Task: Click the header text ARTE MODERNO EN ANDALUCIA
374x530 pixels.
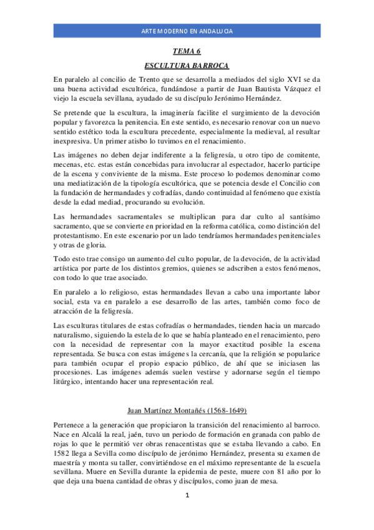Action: tap(187, 31)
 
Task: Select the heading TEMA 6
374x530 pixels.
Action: tap(187, 52)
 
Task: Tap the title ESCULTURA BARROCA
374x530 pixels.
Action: tap(187, 66)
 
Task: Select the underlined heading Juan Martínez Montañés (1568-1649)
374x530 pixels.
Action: tap(187, 411)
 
